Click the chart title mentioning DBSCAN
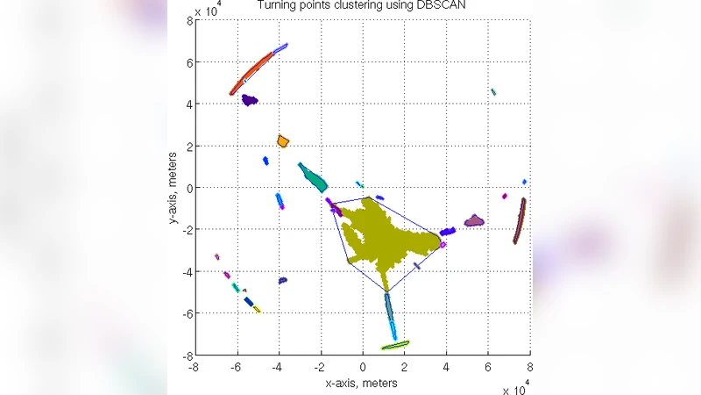[x=362, y=7]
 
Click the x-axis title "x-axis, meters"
[x=361, y=384]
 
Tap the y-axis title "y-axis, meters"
[x=174, y=188]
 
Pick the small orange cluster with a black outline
[x=283, y=140]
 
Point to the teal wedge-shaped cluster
[x=314, y=177]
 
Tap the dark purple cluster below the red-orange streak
[x=250, y=100]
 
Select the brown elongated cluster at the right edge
[x=520, y=220]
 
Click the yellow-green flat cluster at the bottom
[x=395, y=345]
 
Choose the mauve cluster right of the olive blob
[x=474, y=220]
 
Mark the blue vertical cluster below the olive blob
[x=390, y=313]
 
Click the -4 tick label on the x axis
[x=278, y=367]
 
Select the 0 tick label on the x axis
[x=362, y=367]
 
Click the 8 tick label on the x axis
[x=529, y=367]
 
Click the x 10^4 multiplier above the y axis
[x=209, y=11]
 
